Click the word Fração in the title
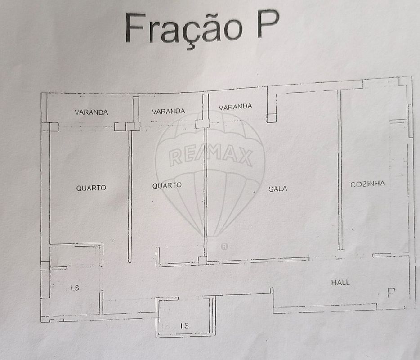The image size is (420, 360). click(183, 29)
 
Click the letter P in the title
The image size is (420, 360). click(268, 24)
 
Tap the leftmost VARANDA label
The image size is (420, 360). click(91, 112)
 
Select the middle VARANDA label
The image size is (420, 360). click(168, 111)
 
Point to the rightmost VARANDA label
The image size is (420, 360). click(235, 107)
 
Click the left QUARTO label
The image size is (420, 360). click(91, 188)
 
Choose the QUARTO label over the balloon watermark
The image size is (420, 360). click(167, 185)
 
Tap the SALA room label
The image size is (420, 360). click(278, 189)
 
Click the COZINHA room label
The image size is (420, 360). click(367, 184)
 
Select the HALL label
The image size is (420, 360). click(340, 282)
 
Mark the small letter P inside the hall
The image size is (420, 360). click(391, 292)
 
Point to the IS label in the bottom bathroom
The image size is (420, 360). click(184, 325)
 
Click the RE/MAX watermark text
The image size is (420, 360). click(210, 155)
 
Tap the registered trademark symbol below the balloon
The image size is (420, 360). click(224, 246)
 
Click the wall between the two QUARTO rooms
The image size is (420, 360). click(130, 196)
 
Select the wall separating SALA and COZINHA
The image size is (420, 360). click(340, 170)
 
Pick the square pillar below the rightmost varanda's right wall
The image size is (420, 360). click(271, 118)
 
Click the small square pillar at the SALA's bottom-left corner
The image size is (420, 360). click(202, 260)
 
